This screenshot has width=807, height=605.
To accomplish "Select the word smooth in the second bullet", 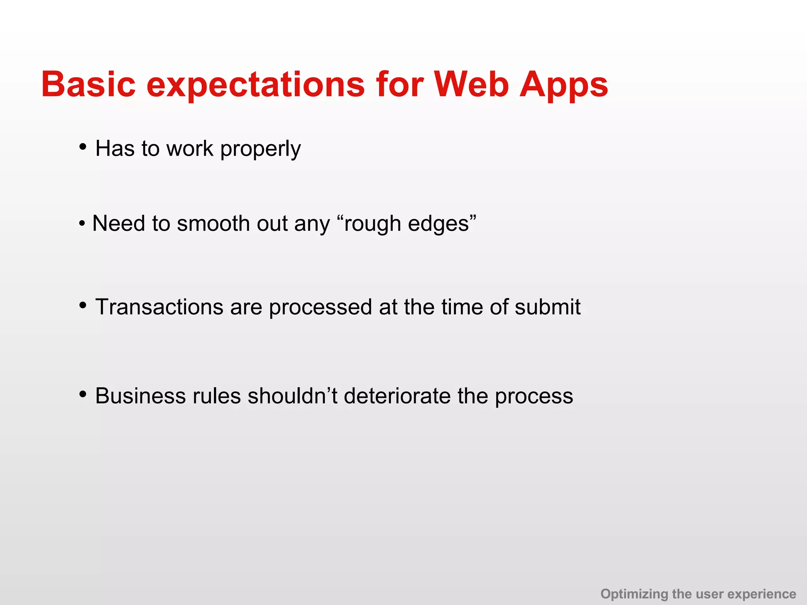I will coord(214,224).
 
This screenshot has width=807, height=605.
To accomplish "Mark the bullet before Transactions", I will coord(83,305).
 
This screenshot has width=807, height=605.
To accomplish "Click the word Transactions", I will coord(159,307).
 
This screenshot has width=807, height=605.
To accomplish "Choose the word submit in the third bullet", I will coord(547,307).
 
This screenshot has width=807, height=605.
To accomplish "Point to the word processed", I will coord(320,308).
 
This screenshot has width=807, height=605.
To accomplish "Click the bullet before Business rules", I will coord(83,394).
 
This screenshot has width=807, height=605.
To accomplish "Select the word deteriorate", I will coord(397,396).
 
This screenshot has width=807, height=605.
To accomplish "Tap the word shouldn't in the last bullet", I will coord(292,396).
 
